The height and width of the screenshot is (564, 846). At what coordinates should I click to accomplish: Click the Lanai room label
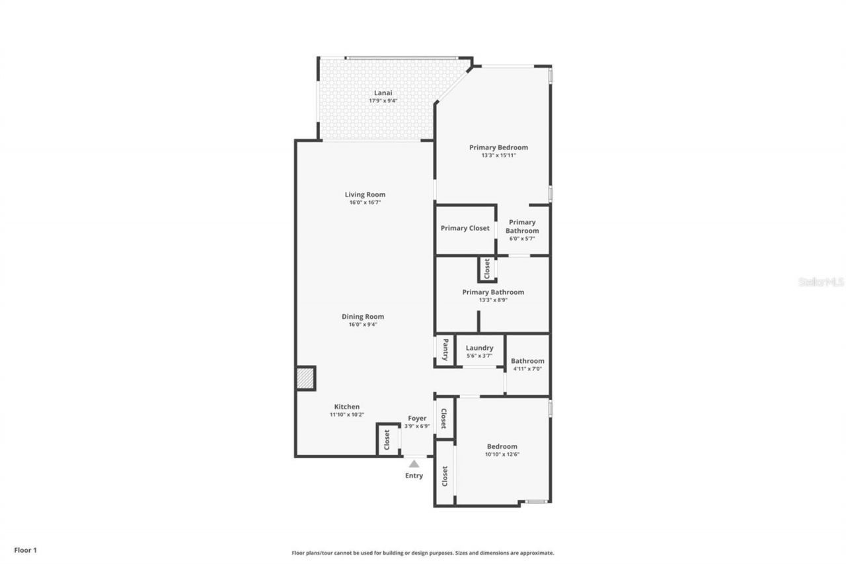tap(383, 93)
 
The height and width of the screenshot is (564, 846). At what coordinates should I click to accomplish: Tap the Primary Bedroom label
tap(498, 147)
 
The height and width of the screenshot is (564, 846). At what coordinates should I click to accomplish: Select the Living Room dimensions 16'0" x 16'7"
tap(365, 202)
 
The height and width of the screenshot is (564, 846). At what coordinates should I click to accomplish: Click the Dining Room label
tap(362, 317)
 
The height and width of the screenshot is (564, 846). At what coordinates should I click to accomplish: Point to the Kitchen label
tap(347, 407)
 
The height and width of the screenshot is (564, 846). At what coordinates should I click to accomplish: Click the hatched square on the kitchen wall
tap(305, 378)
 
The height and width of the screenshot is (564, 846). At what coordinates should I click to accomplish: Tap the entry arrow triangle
tap(414, 464)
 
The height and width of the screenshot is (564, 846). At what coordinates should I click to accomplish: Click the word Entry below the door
tap(414, 476)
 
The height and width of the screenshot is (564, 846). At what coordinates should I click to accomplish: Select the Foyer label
tap(417, 419)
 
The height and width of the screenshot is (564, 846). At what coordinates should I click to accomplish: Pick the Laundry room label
tap(479, 348)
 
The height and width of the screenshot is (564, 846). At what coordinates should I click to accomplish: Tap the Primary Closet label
tap(465, 228)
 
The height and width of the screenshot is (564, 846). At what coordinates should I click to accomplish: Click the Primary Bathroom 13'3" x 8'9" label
tap(493, 292)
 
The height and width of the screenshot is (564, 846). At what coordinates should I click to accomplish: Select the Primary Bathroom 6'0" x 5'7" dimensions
tap(522, 239)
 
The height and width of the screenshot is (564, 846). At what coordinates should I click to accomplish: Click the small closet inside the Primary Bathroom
tap(487, 268)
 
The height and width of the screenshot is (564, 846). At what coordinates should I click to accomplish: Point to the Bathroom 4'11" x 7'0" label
tap(527, 361)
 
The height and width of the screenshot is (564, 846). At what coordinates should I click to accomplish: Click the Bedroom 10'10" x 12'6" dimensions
tap(502, 454)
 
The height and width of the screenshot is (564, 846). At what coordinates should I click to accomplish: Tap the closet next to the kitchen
tap(387, 438)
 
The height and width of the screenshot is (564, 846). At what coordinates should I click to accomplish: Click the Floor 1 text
tap(25, 549)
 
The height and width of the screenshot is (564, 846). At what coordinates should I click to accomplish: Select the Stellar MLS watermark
tap(821, 282)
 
